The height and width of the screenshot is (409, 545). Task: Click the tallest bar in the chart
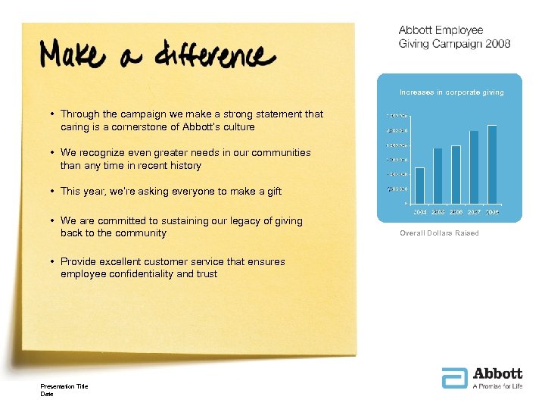(492, 164)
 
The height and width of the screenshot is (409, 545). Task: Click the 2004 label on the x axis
(420, 212)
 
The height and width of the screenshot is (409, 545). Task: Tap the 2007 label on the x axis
(474, 212)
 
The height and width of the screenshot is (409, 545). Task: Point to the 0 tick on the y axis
(406, 204)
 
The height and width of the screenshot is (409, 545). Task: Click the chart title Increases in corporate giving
(451, 92)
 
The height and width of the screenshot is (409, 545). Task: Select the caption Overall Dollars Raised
(439, 233)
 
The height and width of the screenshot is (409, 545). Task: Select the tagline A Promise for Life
(497, 386)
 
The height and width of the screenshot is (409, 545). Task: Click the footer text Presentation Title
(64, 386)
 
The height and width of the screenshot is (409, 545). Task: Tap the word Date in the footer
(47, 393)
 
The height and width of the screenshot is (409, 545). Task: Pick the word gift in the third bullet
(270, 191)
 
